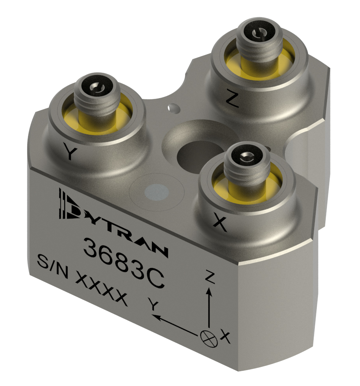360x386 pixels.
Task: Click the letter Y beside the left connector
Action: (x=69, y=153)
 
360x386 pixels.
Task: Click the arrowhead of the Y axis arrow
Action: (x=157, y=317)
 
